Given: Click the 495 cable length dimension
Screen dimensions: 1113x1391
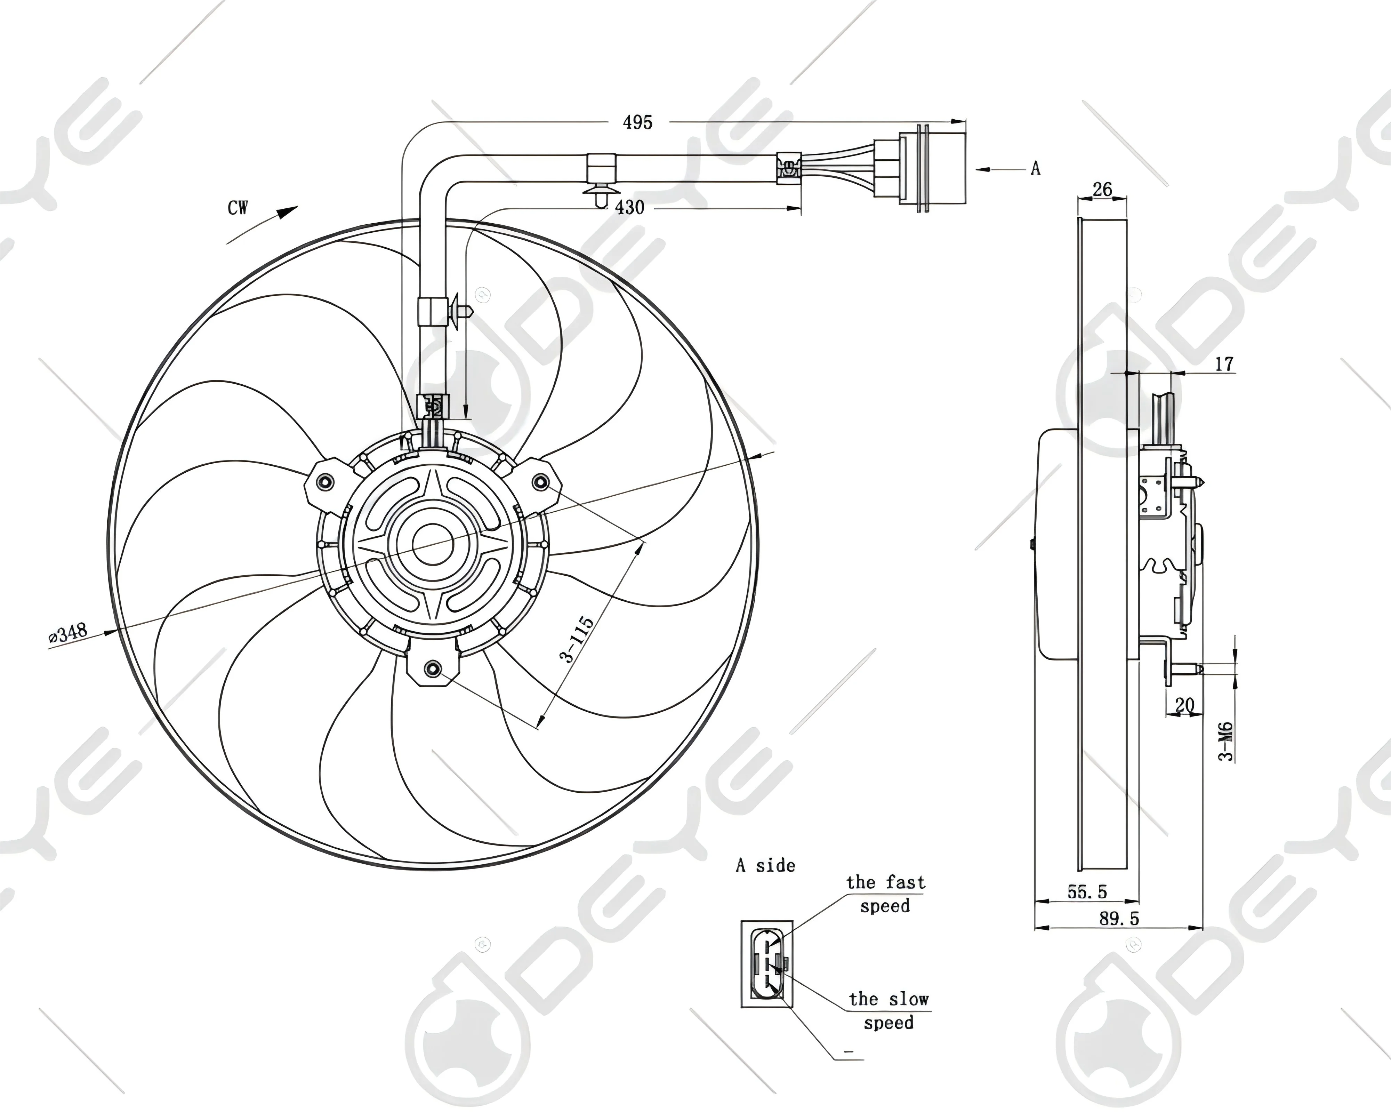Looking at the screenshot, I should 637,122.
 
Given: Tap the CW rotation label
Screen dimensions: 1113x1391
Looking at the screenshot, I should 238,208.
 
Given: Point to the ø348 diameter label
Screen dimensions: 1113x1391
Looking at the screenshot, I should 68,633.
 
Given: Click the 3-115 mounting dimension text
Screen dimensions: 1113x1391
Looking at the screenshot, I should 577,639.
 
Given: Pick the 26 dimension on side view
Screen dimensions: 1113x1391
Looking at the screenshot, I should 1103,189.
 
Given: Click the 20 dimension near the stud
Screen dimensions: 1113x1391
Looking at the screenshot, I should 1184,705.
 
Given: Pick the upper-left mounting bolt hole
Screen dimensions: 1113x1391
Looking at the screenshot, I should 326,482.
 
